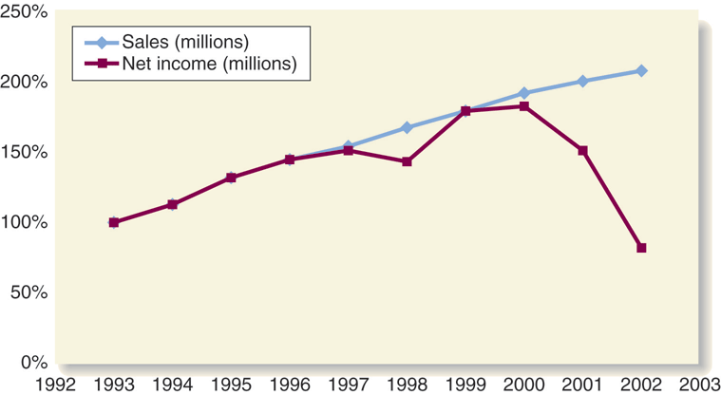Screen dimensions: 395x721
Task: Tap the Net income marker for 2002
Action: coord(641,248)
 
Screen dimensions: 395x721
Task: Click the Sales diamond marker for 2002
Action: coord(641,70)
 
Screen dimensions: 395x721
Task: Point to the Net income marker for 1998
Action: coord(407,161)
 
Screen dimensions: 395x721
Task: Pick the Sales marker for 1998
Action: coord(407,127)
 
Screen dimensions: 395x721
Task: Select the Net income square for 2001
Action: coord(582,150)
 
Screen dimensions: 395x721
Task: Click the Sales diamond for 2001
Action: coord(582,81)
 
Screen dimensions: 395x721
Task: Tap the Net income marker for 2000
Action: coord(524,106)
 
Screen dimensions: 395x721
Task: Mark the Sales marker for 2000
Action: coord(524,93)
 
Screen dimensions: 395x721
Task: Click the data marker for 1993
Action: coord(114,222)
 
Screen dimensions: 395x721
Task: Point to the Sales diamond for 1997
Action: coord(348,146)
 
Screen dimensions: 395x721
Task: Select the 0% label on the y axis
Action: coord(33,363)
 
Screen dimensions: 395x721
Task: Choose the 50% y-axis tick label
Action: coord(28,292)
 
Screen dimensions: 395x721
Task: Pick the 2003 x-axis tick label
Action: coord(698,384)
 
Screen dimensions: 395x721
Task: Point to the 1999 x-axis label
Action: coord(465,384)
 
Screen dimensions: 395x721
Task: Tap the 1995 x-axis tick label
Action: coord(231,384)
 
